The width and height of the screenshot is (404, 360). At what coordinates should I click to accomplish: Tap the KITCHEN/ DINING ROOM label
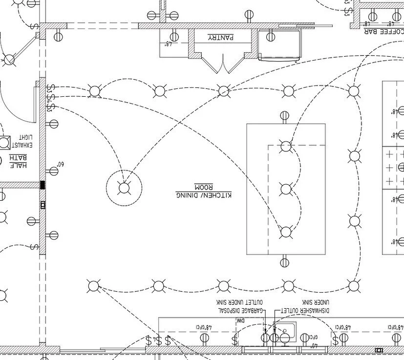point(203,191)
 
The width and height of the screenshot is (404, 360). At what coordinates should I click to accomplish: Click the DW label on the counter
point(240,321)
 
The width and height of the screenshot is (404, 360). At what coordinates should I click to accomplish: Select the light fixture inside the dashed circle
point(124,188)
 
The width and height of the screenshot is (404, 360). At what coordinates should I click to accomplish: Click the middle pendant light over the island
point(286,189)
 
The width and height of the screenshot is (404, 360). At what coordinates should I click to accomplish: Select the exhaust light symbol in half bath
point(5,143)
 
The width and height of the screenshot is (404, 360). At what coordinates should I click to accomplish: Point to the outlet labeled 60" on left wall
point(53,171)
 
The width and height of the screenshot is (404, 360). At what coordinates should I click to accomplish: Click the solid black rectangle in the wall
point(43,185)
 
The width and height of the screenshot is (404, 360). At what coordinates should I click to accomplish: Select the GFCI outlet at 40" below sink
point(305,338)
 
